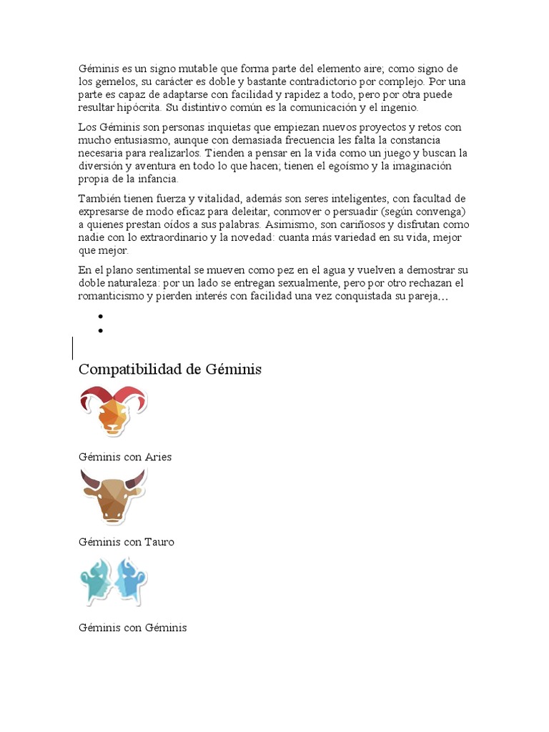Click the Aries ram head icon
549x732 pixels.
click(113, 410)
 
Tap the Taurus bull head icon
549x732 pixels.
click(113, 495)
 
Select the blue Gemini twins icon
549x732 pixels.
click(113, 580)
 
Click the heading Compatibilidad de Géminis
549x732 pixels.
click(170, 370)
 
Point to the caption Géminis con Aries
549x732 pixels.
click(125, 457)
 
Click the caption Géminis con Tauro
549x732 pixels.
click(127, 542)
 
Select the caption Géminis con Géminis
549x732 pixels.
click(132, 628)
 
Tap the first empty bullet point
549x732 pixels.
click(102, 317)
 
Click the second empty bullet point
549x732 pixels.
click(102, 330)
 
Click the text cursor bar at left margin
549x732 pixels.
click(72, 348)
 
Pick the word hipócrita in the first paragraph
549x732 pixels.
click(140, 108)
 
